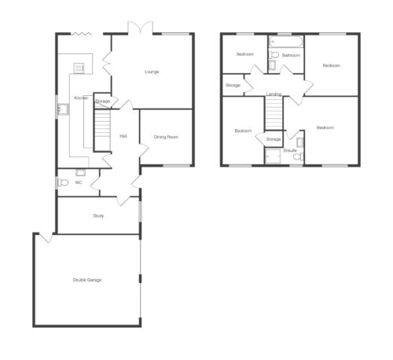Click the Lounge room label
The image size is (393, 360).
click(x=152, y=72)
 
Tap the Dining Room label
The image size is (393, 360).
click(x=166, y=137)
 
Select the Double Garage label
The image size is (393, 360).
click(x=87, y=280)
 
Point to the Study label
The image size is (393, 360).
click(x=98, y=216)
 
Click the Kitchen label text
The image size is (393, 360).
click(x=81, y=98)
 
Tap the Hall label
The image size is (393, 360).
click(x=123, y=136)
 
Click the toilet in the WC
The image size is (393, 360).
click(x=63, y=182)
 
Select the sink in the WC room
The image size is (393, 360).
click(x=80, y=172)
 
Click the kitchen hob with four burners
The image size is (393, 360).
click(x=79, y=68)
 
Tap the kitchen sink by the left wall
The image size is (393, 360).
click(x=63, y=109)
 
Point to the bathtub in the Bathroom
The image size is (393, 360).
click(x=286, y=42)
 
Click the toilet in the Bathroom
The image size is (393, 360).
click(x=274, y=55)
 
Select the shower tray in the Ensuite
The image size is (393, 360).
click(x=273, y=156)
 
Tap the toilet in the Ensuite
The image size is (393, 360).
click(x=298, y=156)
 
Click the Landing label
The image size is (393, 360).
click(x=274, y=94)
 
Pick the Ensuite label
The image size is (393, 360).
click(x=290, y=151)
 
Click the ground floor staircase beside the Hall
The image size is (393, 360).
click(x=102, y=130)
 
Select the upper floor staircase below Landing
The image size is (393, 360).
click(x=274, y=113)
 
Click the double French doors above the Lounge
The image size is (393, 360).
click(x=140, y=28)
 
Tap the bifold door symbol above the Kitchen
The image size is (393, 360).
click(x=82, y=34)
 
